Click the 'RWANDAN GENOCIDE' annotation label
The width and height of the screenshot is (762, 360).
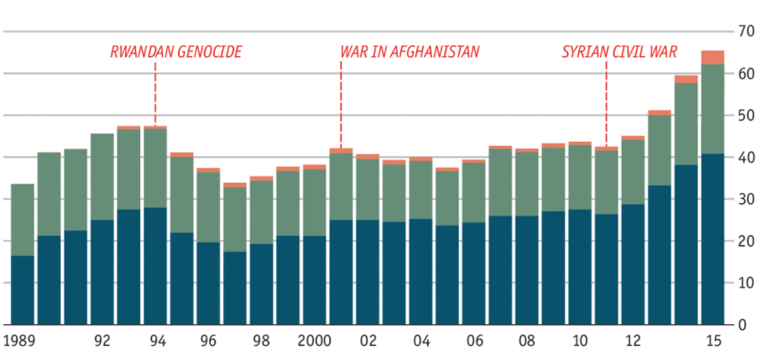tap(176, 52)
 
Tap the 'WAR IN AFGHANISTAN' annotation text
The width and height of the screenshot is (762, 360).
tap(410, 52)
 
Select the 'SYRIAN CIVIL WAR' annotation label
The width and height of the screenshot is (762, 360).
tap(618, 52)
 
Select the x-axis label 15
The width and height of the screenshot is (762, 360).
tap(713, 341)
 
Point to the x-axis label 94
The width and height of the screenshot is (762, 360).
tap(155, 341)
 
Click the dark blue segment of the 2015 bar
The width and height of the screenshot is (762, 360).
tap(712, 239)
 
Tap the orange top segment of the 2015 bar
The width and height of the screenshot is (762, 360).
tap(712, 57)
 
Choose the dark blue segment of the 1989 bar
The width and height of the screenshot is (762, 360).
tap(23, 290)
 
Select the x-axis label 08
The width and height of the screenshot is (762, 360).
tap(526, 341)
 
